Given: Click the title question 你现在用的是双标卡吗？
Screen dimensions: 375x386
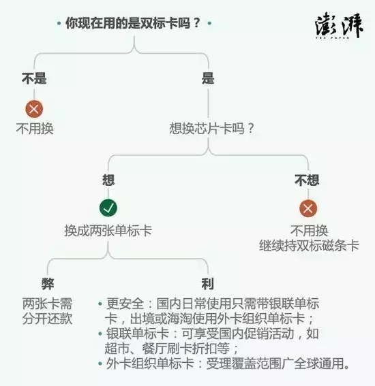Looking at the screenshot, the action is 133,23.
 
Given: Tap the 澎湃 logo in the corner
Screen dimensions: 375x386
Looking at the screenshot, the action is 339,25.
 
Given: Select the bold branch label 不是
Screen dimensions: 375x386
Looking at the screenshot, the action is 34,78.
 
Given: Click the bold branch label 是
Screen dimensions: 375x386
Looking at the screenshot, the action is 208,78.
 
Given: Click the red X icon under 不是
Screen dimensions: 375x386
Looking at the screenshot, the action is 34,108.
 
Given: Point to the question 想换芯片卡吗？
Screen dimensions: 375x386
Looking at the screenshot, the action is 212,129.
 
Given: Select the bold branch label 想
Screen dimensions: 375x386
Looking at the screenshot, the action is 108,180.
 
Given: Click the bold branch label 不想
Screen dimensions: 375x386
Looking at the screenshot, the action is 307,180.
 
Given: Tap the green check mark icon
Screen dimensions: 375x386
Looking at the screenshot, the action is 108,208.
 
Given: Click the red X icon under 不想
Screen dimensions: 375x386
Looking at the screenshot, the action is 308,208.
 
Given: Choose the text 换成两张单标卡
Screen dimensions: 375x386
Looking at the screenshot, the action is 108,231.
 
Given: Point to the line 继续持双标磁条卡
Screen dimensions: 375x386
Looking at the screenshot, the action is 309,246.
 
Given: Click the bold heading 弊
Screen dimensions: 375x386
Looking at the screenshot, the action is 48,284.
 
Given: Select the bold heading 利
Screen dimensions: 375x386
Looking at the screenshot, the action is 207,284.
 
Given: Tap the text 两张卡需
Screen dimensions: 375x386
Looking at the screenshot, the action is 47,304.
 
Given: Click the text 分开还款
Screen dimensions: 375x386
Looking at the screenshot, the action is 47,319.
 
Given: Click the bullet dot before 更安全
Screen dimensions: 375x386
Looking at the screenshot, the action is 100,304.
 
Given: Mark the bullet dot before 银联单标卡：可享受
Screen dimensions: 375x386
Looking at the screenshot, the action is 100,334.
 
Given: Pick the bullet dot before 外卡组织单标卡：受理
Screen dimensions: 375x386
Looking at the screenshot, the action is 100,364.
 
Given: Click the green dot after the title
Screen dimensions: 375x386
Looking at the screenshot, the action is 209,23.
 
